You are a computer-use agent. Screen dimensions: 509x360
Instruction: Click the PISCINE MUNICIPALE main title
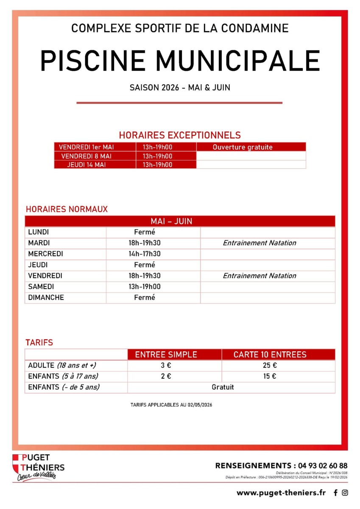pos(180,60)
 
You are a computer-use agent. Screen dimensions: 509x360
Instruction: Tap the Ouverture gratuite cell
pos(243,147)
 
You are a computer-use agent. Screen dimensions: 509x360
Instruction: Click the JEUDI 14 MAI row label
pos(87,165)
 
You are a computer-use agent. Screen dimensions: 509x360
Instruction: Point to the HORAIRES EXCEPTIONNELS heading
pos(180,135)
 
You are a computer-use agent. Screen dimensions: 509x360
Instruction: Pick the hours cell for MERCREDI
pos(145,254)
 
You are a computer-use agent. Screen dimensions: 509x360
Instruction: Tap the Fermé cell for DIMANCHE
pos(145,298)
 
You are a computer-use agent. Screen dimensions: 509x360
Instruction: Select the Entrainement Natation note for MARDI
pos(260,243)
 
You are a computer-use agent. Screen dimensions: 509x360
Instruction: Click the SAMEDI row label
pos(41,287)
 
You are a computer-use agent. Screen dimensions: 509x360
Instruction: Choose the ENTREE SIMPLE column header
pos(166,355)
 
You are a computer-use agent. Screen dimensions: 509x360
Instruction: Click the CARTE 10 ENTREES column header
pos(270,355)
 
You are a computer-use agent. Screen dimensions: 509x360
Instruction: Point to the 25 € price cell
pos(270,366)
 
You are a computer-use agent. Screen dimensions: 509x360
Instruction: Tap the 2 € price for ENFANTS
pos(166,376)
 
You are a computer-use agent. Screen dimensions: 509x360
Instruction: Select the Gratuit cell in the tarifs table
pos(223,387)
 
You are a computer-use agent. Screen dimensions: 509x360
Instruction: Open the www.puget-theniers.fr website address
pos(281,492)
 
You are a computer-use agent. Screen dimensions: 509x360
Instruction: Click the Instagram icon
pos(345,493)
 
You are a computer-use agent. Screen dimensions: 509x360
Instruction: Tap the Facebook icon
pos(336,493)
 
